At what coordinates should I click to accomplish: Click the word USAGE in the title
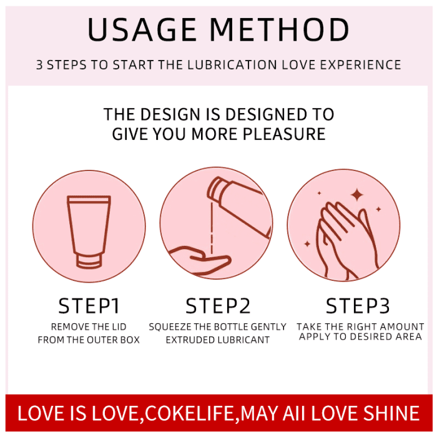click(142, 30)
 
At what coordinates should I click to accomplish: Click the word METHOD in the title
click(279, 30)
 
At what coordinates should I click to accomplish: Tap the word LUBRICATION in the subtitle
click(232, 65)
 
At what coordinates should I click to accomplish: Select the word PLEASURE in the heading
click(284, 134)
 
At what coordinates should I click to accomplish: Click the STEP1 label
click(89, 306)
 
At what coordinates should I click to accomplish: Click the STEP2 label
click(218, 306)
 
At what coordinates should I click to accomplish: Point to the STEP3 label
click(358, 306)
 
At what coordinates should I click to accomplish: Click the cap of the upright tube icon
click(89, 260)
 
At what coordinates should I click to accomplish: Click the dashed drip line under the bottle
click(212, 228)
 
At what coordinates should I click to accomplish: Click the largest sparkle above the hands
click(356, 195)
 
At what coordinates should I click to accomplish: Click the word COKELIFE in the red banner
click(190, 413)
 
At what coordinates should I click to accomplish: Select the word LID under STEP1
click(119, 327)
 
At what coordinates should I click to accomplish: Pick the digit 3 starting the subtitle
click(39, 65)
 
